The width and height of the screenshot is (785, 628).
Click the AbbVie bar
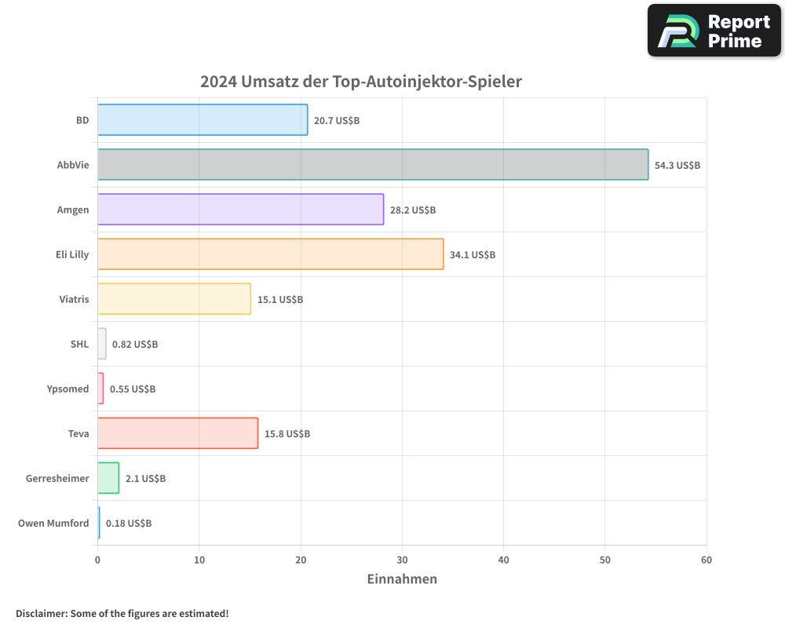tap(373, 165)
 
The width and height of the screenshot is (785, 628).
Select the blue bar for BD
tap(203, 120)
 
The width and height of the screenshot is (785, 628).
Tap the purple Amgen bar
tap(240, 210)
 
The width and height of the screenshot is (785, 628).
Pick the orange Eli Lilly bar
tap(270, 254)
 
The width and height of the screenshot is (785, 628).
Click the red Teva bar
tap(177, 433)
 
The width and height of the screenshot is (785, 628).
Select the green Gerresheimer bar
tap(108, 478)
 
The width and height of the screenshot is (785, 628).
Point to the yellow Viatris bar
tap(174, 299)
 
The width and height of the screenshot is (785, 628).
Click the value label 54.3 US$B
tap(677, 166)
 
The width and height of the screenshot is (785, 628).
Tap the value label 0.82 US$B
tap(135, 345)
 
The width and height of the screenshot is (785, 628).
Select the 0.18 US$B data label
tap(129, 524)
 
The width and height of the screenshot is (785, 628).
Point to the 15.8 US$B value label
tap(287, 434)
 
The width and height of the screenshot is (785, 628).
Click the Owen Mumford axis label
tap(53, 524)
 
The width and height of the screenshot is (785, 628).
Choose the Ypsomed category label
tap(68, 389)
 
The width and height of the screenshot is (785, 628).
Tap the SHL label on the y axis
tap(79, 345)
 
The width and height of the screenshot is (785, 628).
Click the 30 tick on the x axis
tap(402, 560)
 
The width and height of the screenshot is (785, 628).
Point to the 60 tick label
tap(706, 560)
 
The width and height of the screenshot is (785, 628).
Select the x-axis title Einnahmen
tap(402, 579)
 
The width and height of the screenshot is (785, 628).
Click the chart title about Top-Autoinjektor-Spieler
tap(361, 82)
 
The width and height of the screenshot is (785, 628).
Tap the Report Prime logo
tap(714, 31)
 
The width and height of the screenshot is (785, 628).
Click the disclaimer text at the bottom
tap(122, 614)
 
